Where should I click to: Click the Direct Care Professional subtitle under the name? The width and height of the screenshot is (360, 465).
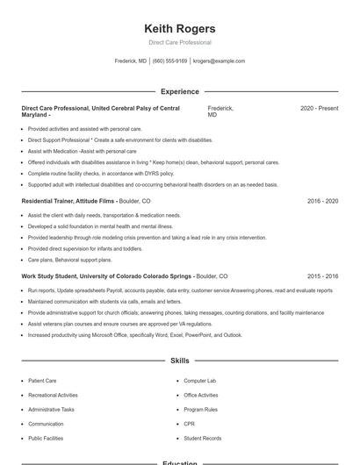pos(180,42)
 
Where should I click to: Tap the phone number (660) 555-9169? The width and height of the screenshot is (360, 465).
pos(169,61)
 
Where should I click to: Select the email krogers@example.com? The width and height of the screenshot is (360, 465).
pos(219,61)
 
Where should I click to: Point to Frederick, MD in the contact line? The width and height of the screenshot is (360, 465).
pos(131,61)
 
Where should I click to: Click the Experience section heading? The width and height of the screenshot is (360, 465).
pos(180,91)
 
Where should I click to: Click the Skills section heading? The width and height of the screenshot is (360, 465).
pos(180,361)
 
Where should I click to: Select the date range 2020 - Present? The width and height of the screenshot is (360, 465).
pos(319,108)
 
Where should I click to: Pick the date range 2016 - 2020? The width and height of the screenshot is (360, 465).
pos(322,201)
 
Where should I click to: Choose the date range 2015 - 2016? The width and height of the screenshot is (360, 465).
pos(322,275)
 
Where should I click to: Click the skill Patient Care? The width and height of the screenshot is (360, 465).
pos(42,381)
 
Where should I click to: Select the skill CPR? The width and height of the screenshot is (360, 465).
pos(189,424)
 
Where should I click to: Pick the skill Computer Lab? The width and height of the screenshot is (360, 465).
pos(199,381)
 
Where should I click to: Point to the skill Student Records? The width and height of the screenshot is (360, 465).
pos(202,438)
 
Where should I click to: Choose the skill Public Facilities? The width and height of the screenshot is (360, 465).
pos(46,438)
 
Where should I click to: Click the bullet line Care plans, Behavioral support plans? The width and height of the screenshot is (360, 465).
pos(69,260)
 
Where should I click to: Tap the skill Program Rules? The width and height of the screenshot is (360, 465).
pos(200,410)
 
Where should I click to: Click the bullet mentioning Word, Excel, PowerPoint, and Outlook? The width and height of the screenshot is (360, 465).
pos(134,334)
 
